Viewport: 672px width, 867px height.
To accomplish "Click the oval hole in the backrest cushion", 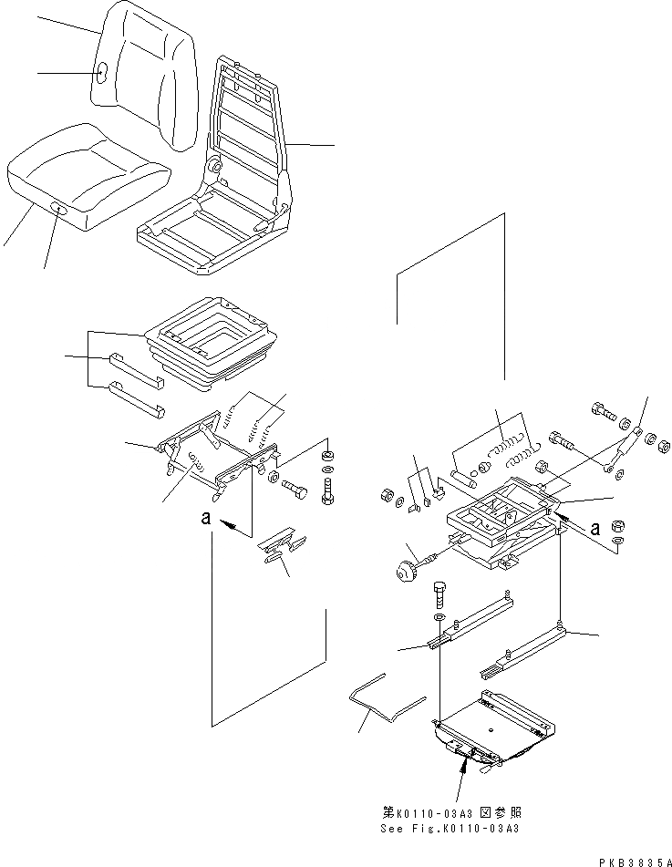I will point(102,73).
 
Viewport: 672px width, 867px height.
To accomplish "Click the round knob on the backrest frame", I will point(216,167).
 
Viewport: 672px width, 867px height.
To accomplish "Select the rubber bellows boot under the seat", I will point(214,346).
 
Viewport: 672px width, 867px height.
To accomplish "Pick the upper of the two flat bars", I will point(137,368).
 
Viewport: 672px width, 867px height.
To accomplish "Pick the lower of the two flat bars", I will point(137,398).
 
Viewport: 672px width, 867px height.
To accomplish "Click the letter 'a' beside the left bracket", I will point(208,517).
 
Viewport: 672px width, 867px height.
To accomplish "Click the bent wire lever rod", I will point(383,697).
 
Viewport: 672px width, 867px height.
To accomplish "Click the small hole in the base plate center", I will point(493,729).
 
